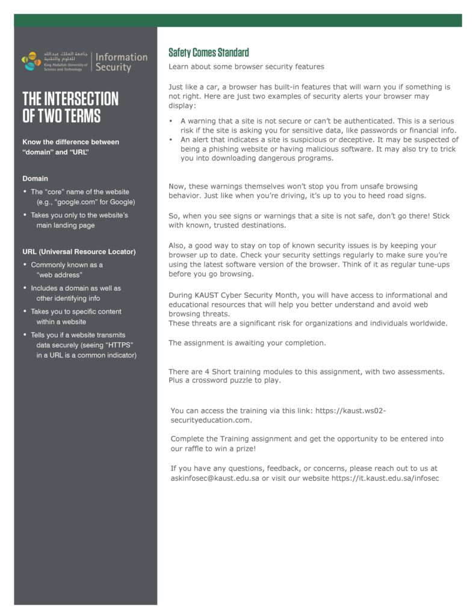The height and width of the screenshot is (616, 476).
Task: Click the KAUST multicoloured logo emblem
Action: tap(31, 61)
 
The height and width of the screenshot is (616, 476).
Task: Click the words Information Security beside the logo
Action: tap(121, 62)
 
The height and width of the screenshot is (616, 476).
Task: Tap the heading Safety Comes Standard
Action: tap(208, 52)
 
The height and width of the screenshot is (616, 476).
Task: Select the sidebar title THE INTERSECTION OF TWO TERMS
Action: tap(70, 107)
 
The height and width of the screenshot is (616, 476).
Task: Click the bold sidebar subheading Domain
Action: tap(35, 179)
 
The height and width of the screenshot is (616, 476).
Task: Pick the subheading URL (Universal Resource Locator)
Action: tap(79, 251)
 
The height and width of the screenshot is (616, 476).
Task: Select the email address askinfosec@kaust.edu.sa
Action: tap(214, 478)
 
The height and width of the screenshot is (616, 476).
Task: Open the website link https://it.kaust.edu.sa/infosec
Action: tap(385, 478)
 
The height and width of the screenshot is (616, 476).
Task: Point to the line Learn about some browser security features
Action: tap(246, 67)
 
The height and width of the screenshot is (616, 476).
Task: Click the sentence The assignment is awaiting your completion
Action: tap(247, 343)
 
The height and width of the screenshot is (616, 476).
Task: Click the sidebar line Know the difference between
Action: tap(70, 142)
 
